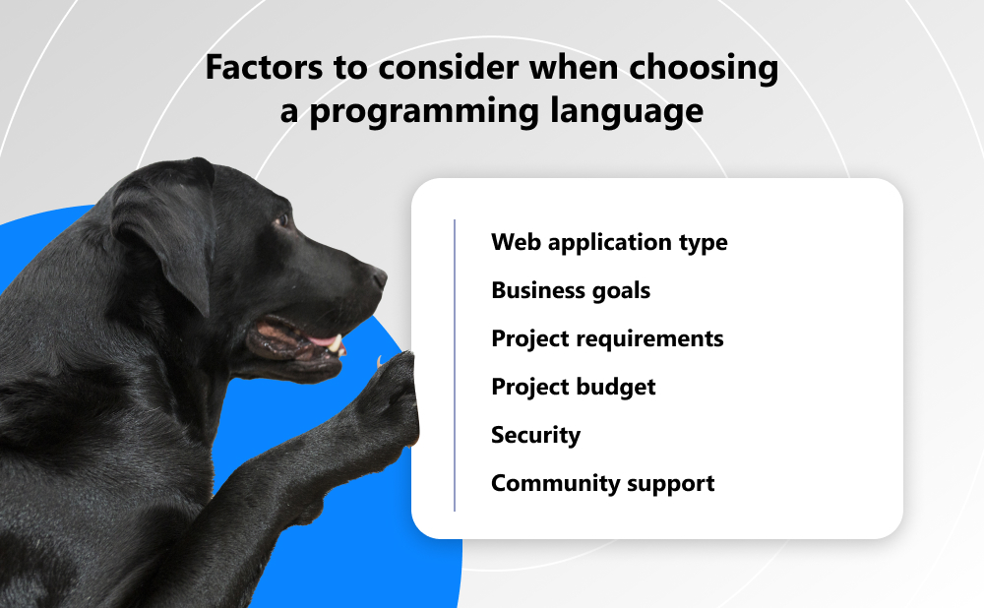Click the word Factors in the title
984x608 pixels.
point(264,67)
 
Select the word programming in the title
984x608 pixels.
point(424,112)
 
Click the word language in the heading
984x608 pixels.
point(627,112)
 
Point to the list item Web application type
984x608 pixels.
point(609,243)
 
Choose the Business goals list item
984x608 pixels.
point(571,291)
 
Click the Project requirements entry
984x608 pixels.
point(607,338)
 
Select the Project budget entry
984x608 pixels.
point(574,388)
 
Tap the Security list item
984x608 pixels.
point(536,436)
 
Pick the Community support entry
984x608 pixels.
point(603,484)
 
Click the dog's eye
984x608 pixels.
point(281,219)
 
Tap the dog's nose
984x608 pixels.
point(379,277)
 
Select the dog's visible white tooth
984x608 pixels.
point(336,343)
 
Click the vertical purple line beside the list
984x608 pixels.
point(455,365)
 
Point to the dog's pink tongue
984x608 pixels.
point(322,340)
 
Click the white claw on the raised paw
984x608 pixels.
point(379,362)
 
